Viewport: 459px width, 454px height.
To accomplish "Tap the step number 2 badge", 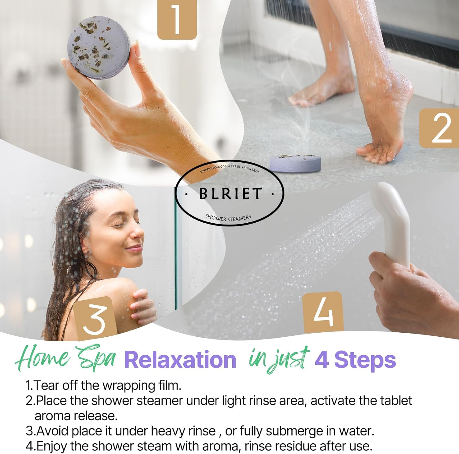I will (439, 128).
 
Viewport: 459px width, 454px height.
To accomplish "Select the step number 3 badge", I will (95, 319).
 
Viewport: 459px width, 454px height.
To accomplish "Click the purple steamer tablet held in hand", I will (99, 47).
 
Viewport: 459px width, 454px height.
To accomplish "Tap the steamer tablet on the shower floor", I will (295, 163).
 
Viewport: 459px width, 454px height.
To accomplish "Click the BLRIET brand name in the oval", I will (230, 193).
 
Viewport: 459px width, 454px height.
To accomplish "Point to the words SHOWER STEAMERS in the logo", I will (228, 218).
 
